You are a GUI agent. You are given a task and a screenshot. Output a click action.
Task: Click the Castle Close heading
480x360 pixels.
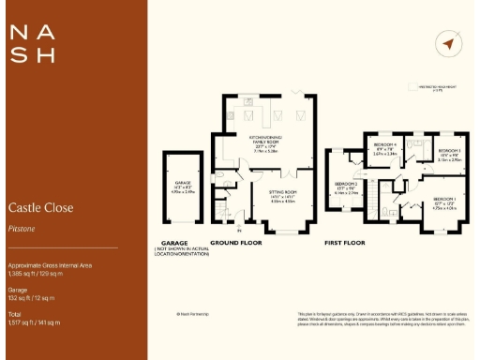(40, 207)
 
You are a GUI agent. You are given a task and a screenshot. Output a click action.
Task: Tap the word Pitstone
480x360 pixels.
(22, 227)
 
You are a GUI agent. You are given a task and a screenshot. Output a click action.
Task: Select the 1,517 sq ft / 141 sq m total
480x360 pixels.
(34, 322)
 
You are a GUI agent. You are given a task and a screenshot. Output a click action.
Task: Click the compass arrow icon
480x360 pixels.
(448, 44)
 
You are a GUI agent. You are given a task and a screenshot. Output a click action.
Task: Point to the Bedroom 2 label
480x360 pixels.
(347, 187)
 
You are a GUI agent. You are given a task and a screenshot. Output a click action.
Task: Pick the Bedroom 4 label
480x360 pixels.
(384, 146)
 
